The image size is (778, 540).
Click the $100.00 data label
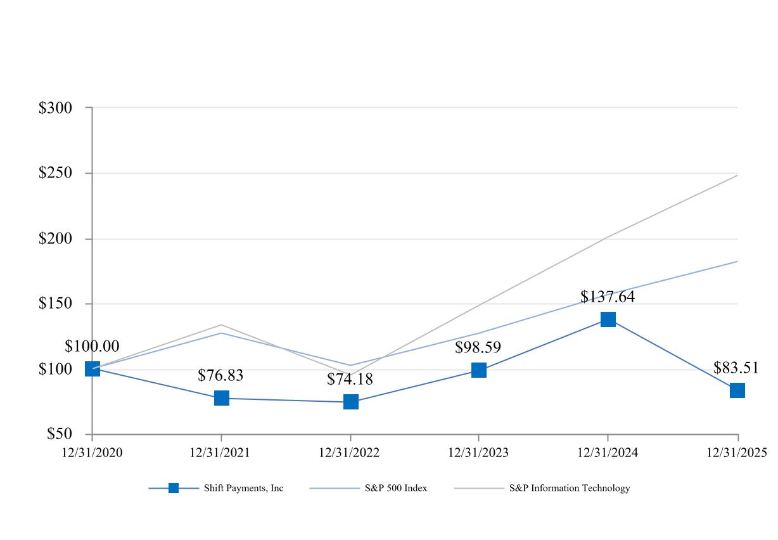click(92, 346)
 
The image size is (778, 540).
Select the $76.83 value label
click(220, 375)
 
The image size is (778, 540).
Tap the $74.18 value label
click(350, 380)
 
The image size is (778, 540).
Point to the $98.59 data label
click(478, 348)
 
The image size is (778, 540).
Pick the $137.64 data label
click(607, 297)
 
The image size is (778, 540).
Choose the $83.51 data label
click(736, 368)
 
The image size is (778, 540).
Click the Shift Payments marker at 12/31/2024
click(608, 319)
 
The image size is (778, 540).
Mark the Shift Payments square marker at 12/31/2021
click(221, 398)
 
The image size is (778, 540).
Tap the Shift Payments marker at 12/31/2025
click(737, 390)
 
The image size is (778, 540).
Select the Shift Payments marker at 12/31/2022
click(351, 402)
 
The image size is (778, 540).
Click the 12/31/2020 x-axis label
click(92, 452)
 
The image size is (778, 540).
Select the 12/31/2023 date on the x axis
click(478, 452)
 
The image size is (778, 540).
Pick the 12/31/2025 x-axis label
click(737, 452)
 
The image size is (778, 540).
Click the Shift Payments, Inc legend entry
click(243, 488)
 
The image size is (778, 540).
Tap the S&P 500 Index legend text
click(396, 488)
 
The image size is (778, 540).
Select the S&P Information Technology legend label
click(570, 488)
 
